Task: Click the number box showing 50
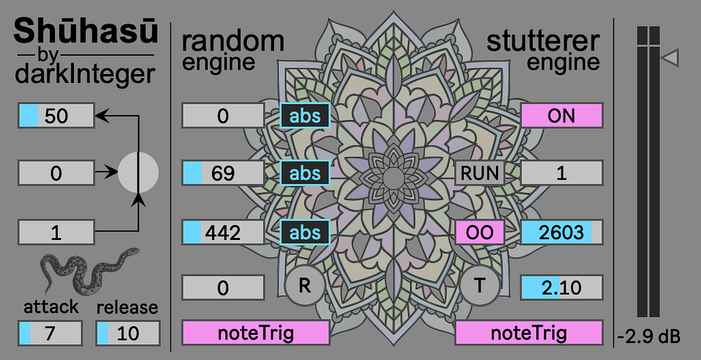[x=56, y=116]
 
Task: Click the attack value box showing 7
[x=50, y=333]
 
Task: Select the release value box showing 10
[x=128, y=333]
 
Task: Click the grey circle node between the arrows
[x=138, y=172]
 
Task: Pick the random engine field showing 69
[x=223, y=173]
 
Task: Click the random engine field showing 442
[x=223, y=232]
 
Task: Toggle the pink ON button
[x=561, y=116]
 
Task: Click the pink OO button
[x=480, y=232]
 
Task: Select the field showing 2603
[x=561, y=232]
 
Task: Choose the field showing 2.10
[x=561, y=287]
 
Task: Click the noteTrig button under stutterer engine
[x=529, y=333]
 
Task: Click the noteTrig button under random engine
[x=255, y=333]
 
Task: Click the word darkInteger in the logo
[x=84, y=73]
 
